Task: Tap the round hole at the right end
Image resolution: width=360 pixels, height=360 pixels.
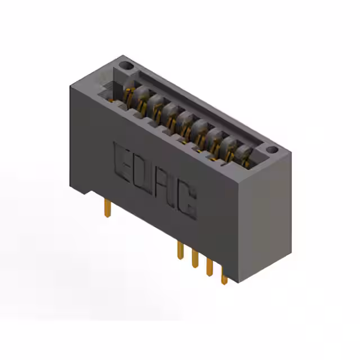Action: [272, 150]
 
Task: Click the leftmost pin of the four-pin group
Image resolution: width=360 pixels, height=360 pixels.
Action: [180, 250]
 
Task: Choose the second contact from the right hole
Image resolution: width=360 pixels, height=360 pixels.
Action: [230, 147]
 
